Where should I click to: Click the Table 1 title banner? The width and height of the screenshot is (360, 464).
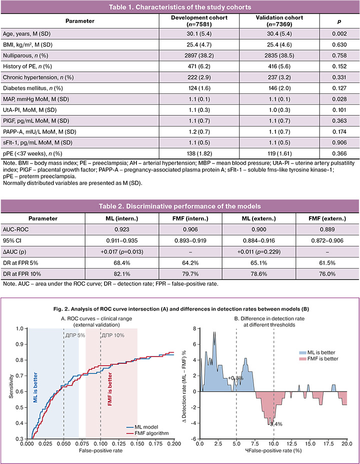[180, 7]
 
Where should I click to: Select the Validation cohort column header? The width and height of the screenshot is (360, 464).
[279, 21]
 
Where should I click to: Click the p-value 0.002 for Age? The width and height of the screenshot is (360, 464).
[339, 33]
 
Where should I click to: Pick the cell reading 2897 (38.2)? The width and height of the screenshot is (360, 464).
[199, 55]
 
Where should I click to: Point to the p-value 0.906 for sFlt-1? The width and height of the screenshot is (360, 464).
[339, 142]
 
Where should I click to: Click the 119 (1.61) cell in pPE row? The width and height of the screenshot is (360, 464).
[279, 153]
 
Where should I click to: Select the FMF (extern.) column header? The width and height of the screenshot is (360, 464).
[327, 218]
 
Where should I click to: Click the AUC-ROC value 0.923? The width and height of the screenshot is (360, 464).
[122, 229]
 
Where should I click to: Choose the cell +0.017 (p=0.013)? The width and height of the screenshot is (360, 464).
[122, 252]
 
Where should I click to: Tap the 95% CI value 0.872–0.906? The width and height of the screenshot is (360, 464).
[327, 240]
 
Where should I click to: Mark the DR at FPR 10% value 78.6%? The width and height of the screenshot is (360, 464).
[259, 274]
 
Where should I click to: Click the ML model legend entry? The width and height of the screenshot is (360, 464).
[142, 427]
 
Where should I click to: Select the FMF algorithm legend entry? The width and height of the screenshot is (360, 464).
[147, 433]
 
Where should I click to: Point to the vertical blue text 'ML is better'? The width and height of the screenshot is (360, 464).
[35, 387]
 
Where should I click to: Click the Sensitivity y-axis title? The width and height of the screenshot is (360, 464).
[11, 386]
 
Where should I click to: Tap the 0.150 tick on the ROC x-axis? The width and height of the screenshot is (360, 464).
[137, 443]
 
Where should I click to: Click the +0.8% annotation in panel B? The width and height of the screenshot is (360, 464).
[236, 378]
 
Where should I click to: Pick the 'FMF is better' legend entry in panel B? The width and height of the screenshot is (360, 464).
[319, 358]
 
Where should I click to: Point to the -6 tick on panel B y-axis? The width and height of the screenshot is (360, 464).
[194, 438]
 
